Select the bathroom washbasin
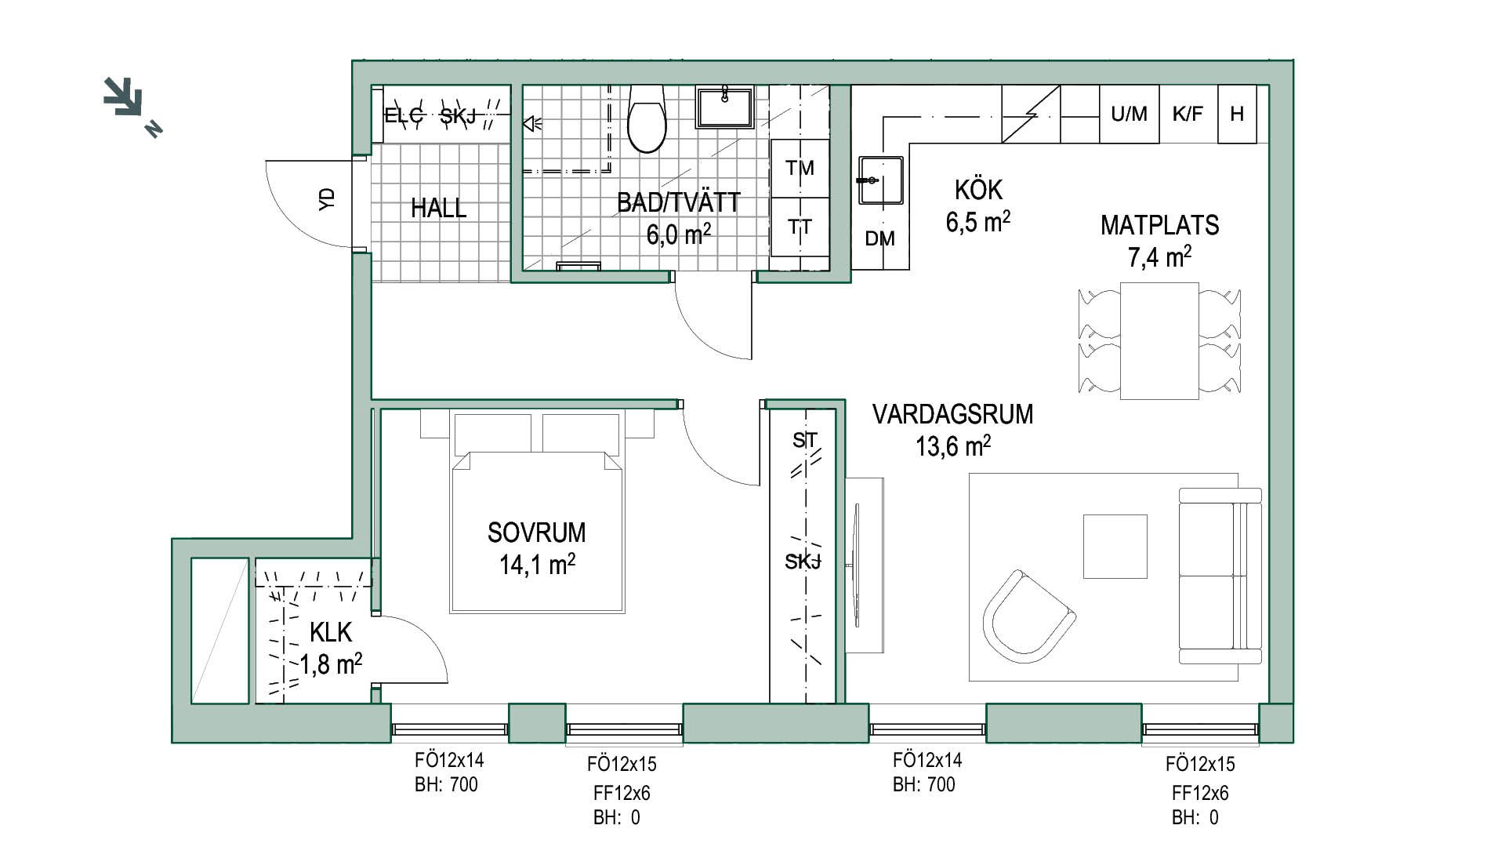coord(725,107)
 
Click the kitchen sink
coord(880,180)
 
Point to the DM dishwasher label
coord(879,239)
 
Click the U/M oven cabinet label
coord(1129,115)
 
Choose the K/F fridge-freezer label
coord(1188,115)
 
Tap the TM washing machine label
coord(800,168)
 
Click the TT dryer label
coord(800,227)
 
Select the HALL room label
coord(438,209)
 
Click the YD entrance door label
coord(328,198)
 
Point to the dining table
coord(1159,341)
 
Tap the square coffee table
coord(1115,546)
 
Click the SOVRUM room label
coord(536,533)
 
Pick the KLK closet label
coord(331,632)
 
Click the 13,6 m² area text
coord(953,446)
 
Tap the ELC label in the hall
coord(404,117)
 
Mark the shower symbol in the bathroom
coord(533,123)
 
